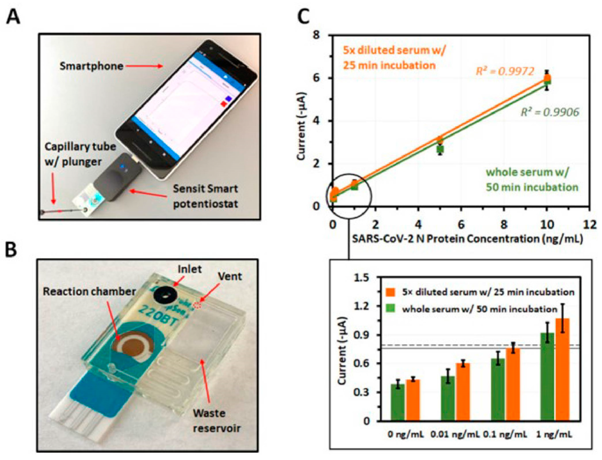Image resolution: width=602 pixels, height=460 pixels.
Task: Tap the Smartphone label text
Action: [91, 66]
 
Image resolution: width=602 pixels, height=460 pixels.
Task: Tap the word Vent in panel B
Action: [230, 277]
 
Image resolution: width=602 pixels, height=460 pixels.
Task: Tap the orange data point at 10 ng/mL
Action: [547, 78]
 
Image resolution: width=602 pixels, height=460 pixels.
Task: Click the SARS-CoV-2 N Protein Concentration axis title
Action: [467, 239]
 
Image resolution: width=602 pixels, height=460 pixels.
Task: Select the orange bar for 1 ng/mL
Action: [562, 370]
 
